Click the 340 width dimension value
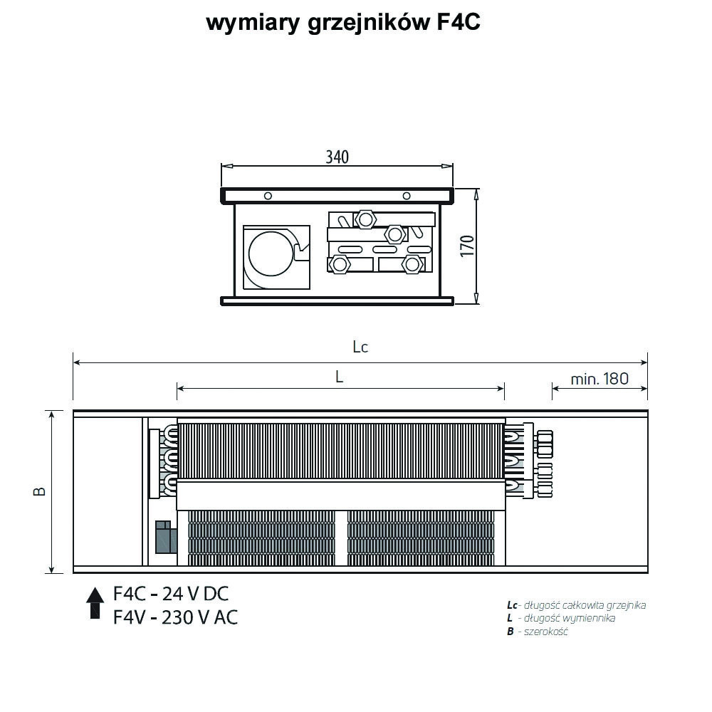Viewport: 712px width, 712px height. pyautogui.click(x=337, y=157)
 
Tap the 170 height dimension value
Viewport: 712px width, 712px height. pyautogui.click(x=467, y=246)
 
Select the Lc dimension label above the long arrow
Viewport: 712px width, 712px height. pyautogui.click(x=360, y=347)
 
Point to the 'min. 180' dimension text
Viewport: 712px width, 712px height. pyautogui.click(x=600, y=379)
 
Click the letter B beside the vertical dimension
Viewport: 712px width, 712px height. pyautogui.click(x=40, y=491)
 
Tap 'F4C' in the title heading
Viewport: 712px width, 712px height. pyautogui.click(x=458, y=22)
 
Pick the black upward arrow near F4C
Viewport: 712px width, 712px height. pyautogui.click(x=95, y=602)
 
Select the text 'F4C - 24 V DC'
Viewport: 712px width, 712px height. pyautogui.click(x=171, y=594)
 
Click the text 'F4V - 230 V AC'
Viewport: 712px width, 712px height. pyautogui.click(x=175, y=617)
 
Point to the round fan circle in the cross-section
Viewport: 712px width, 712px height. pyautogui.click(x=271, y=253)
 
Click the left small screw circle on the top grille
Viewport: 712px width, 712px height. pyautogui.click(x=268, y=196)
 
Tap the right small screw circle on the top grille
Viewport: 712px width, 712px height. pyautogui.click(x=407, y=196)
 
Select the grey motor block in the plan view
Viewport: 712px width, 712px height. pyautogui.click(x=166, y=537)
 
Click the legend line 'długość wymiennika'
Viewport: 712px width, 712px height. pyautogui.click(x=570, y=618)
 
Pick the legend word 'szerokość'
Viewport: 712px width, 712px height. pyautogui.click(x=546, y=631)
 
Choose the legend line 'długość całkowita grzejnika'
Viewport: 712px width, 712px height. pyautogui.click(x=585, y=604)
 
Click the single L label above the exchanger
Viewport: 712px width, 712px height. pyautogui.click(x=339, y=377)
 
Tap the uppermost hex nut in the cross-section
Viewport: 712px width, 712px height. pyautogui.click(x=365, y=219)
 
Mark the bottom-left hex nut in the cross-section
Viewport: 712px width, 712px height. pyautogui.click(x=339, y=264)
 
